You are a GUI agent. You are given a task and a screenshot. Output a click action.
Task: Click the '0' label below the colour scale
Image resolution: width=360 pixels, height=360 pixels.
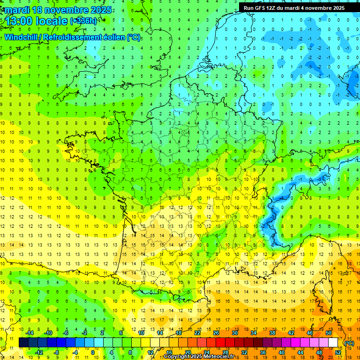[93, 352]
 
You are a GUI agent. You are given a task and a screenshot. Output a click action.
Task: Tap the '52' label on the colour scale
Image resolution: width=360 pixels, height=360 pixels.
[337, 352]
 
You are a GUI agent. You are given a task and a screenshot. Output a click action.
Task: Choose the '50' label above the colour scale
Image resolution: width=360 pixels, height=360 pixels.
[329, 333]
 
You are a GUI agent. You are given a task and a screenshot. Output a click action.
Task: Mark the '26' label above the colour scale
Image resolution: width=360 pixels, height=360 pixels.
[216, 333]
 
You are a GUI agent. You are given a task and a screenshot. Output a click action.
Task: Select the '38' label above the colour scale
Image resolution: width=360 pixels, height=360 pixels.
[272, 333]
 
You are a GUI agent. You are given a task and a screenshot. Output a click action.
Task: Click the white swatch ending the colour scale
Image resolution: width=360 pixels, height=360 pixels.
[333, 343]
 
